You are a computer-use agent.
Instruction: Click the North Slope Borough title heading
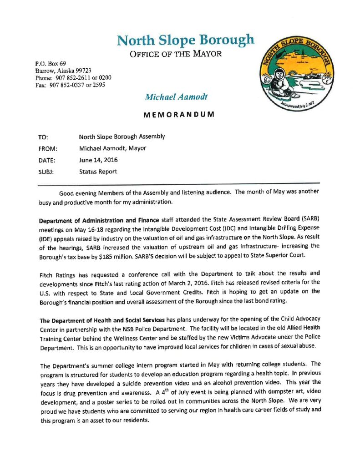click(186, 40)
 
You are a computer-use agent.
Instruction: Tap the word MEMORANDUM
click(179, 115)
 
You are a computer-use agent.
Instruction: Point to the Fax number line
click(70, 85)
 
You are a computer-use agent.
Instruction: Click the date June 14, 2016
click(97, 160)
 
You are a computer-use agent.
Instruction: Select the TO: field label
click(44, 137)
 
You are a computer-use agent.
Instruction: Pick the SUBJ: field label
click(46, 172)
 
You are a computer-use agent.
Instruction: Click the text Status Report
click(98, 172)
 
